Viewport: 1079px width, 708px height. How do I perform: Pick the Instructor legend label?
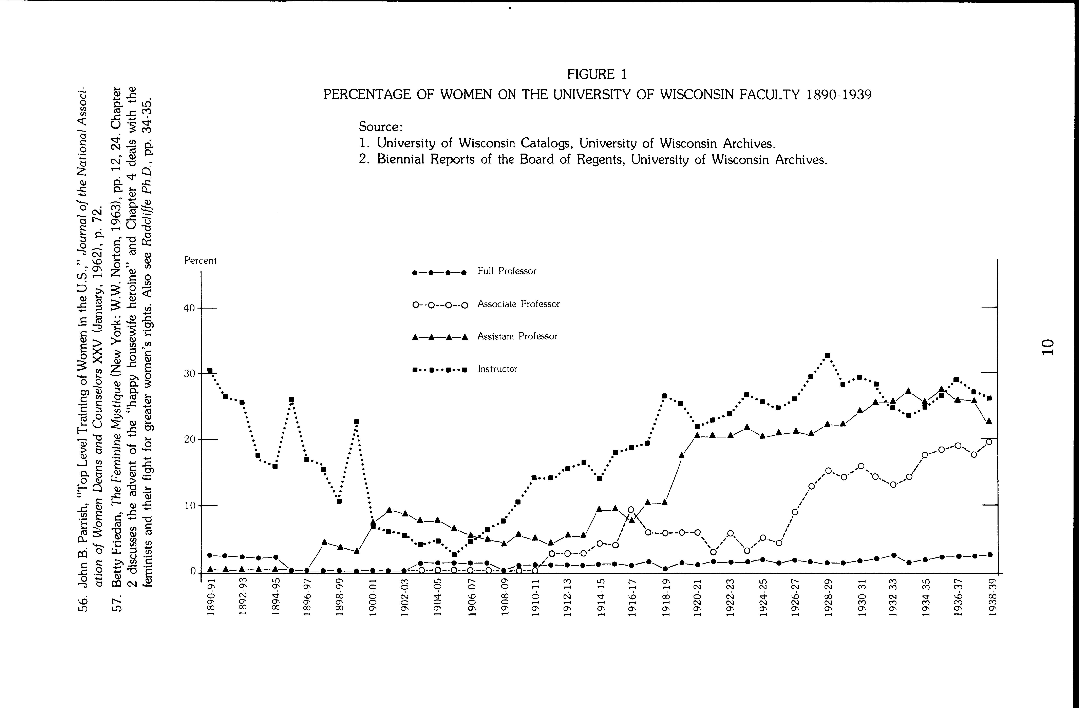[497, 369]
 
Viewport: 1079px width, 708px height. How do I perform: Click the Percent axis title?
[200, 261]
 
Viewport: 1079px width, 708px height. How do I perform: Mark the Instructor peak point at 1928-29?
[827, 355]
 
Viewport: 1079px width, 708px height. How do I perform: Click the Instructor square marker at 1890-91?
[210, 370]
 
